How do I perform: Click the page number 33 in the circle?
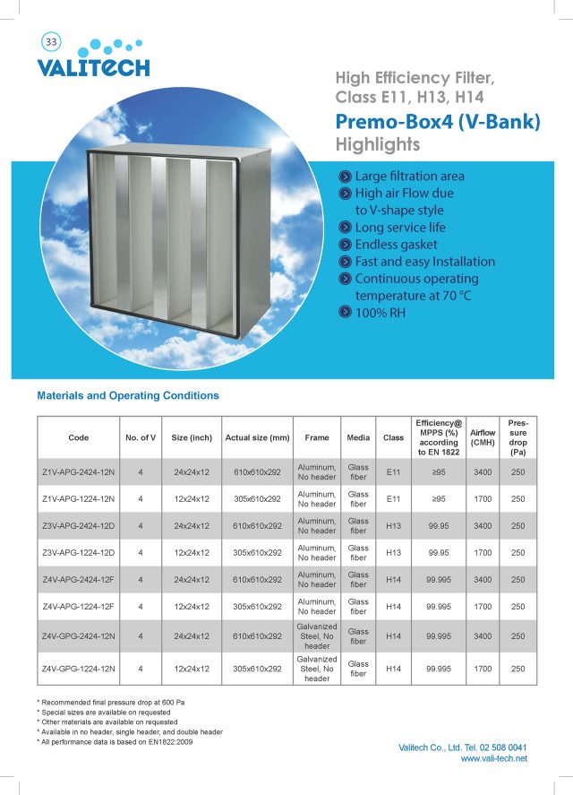coord(51,42)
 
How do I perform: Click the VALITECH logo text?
coord(93,67)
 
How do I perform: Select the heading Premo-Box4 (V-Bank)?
coord(438,122)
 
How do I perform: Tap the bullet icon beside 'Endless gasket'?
coord(344,245)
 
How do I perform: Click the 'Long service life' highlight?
coord(399,228)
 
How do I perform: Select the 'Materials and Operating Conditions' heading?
coord(128,395)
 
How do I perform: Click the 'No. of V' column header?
coord(141,437)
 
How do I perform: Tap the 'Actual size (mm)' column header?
coord(257,437)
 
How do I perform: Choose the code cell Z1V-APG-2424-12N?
coord(79,472)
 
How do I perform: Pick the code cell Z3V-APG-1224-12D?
coord(79,553)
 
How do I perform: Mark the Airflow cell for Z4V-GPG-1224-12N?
coord(483,669)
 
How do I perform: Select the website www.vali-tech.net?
coord(493,758)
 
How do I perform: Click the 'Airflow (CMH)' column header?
coord(483,437)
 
